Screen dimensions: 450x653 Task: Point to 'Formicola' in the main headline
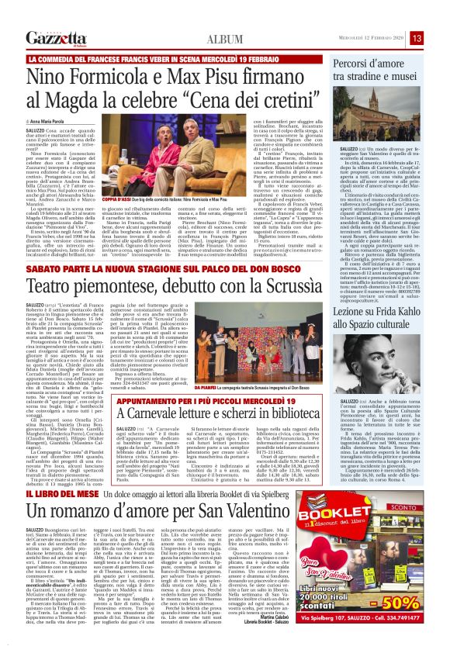click(120, 78)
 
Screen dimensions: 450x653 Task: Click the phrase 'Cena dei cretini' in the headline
click(232, 105)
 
